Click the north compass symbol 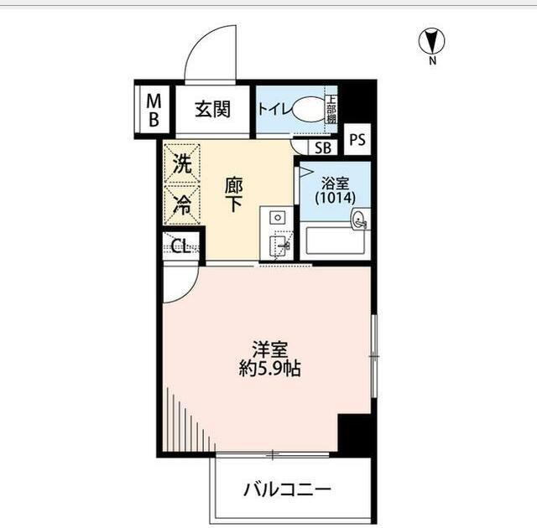point(433,40)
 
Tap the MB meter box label point(154,110)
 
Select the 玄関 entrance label point(213,109)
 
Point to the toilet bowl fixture point(308,109)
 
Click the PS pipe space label point(357,140)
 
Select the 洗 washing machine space point(182,165)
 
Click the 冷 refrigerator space point(182,204)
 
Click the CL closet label point(180,246)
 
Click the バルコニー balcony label point(289,489)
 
